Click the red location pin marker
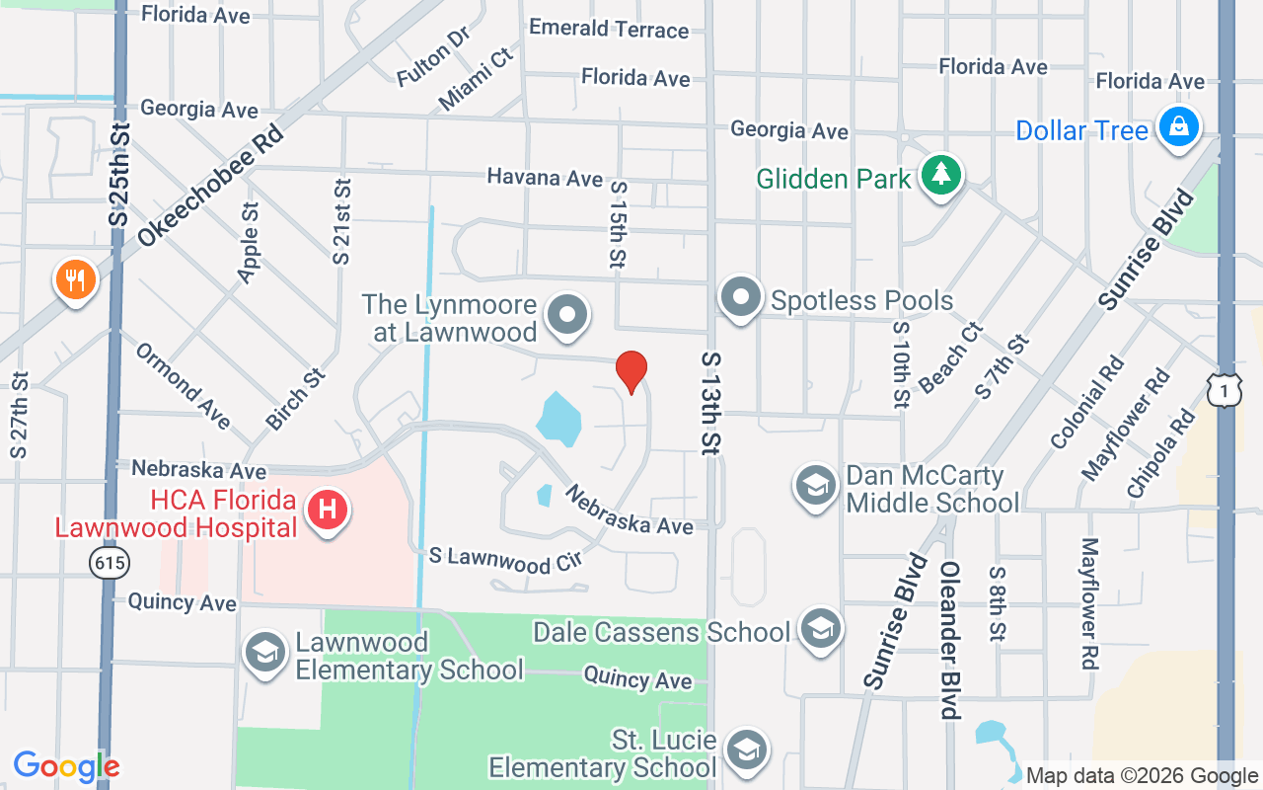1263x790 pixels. point(631,370)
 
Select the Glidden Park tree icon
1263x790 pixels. point(941,175)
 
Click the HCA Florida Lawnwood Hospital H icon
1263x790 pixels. point(328,511)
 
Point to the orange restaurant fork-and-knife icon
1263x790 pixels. point(75,280)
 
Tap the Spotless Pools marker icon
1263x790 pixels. point(740,297)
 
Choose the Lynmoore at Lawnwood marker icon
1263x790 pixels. point(567,316)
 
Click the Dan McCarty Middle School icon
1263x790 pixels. point(816,486)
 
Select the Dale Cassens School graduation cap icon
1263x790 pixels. point(820,629)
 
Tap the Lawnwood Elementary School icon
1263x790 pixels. point(264,653)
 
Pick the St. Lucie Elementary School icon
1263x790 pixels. point(747,751)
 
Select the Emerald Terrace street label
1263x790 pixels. point(608,29)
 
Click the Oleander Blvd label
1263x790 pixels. point(949,639)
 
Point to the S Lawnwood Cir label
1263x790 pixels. point(505,560)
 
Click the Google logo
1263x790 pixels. point(66,766)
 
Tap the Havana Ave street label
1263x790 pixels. point(544,178)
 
